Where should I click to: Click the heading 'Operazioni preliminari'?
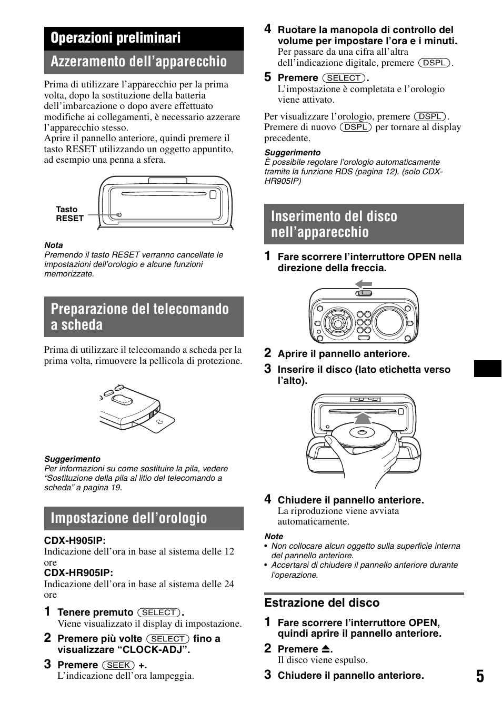pyautogui.click(x=116, y=38)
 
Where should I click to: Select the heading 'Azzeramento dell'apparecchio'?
pyautogui.click(x=138, y=62)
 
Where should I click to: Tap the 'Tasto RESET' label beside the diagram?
pyautogui.click(x=69, y=214)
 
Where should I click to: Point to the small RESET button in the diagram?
pyautogui.click(x=119, y=215)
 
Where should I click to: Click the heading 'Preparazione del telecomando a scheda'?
pyautogui.click(x=139, y=317)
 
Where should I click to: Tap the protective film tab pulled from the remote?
pyautogui.click(x=160, y=422)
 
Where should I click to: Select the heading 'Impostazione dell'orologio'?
pyautogui.click(x=129, y=518)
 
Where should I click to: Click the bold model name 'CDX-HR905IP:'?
pyautogui.click(x=78, y=573)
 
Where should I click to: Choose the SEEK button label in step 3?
pyautogui.click(x=118, y=665)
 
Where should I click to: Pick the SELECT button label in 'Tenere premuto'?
pyautogui.click(x=159, y=612)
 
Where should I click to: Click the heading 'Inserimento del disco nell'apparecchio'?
pyautogui.click(x=334, y=224)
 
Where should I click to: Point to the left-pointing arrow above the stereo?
pyautogui.click(x=363, y=284)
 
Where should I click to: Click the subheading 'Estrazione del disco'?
pyautogui.click(x=322, y=603)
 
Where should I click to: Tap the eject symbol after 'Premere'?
pyautogui.click(x=326, y=649)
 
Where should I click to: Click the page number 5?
pyautogui.click(x=480, y=676)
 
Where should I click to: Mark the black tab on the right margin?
pyautogui.click(x=487, y=369)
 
